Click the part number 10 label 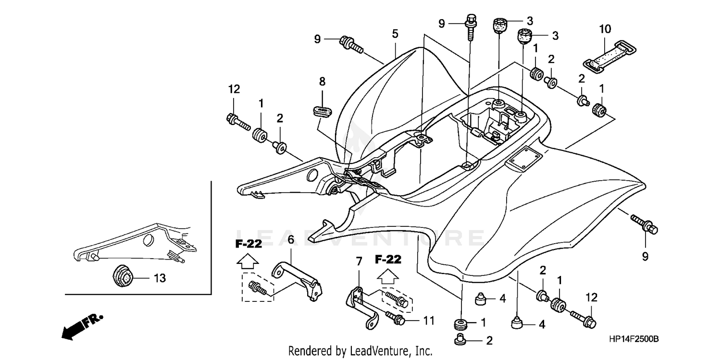[605, 29]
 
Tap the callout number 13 [160, 278]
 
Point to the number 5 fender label [395, 34]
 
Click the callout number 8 [322, 82]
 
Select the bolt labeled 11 [397, 320]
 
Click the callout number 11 [429, 320]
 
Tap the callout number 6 [291, 239]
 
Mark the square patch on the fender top [522, 157]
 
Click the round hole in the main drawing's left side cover [311, 174]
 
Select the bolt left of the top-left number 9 [351, 45]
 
